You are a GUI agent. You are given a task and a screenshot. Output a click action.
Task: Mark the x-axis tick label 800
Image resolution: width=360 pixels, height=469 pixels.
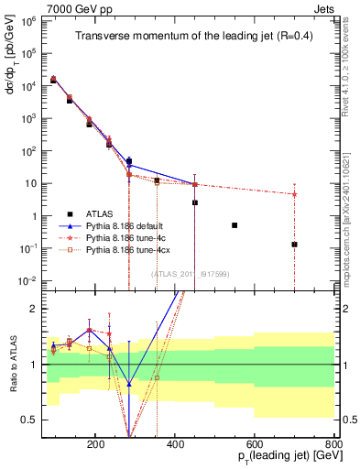pyautogui.click(x=333, y=442)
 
